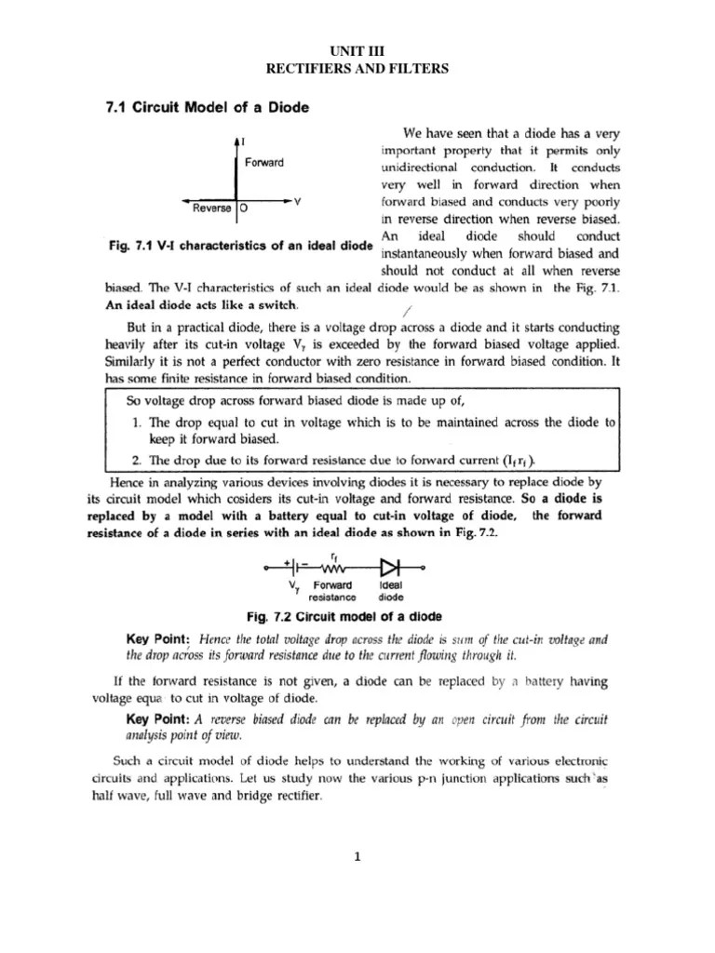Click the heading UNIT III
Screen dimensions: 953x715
click(357, 51)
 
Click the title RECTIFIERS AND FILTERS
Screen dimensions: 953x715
click(357, 68)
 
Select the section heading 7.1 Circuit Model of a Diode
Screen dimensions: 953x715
click(206, 107)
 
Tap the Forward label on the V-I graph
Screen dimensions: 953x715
click(264, 163)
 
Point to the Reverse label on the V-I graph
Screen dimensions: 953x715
click(212, 208)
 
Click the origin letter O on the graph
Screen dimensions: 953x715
click(243, 209)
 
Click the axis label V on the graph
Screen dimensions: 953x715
click(296, 202)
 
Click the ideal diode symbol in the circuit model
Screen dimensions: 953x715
click(389, 566)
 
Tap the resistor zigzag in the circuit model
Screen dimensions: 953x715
click(333, 566)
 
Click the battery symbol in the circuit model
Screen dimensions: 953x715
click(297, 566)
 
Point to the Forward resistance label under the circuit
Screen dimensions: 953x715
click(332, 591)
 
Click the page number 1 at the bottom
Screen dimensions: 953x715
click(357, 858)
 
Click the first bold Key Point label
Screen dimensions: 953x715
click(157, 640)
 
